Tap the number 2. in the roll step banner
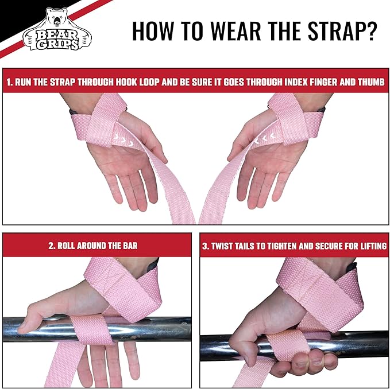click(53, 246)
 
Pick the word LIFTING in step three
click(369, 246)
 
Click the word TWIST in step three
click(225, 246)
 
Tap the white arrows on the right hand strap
click(262, 138)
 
